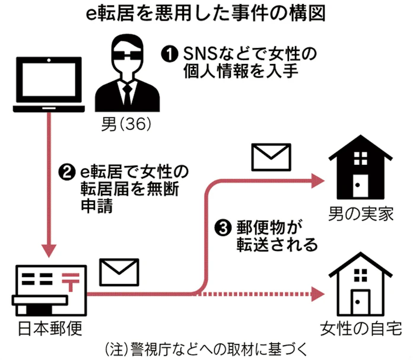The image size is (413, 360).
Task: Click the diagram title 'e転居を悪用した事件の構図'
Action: click(206, 14)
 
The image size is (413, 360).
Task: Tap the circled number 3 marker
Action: click(222, 229)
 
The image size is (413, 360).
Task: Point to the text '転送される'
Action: click(269, 245)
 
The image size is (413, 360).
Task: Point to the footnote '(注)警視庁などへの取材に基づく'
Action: click(206, 347)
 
